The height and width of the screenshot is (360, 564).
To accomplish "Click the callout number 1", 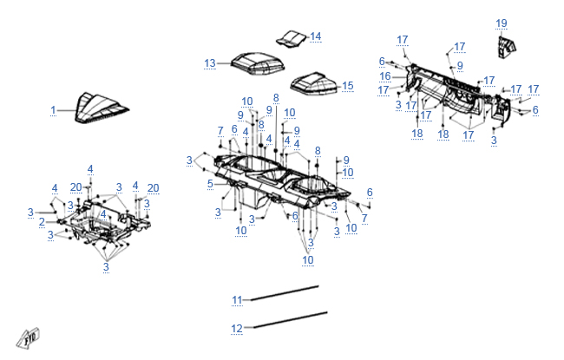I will pos(53,110).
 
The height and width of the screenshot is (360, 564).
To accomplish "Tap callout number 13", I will pos(210,63).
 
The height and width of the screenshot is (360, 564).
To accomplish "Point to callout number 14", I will pos(315,36).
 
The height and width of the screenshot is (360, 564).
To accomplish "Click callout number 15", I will pos(348,86).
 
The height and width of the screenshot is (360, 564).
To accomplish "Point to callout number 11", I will pos(237,299).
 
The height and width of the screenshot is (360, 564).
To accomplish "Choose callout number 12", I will pos(237,329).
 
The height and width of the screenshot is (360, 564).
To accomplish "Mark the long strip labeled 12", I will pos(291,319).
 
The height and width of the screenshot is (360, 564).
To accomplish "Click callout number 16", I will pos(384,76).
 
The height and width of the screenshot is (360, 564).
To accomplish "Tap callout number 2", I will pos(42,222).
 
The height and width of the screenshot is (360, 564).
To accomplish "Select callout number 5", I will pos(210,184).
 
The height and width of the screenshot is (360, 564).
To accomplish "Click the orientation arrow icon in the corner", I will pos(29,336).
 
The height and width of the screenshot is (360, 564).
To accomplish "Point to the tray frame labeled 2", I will pos(104,227).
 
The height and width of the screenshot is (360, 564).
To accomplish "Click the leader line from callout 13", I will pos(224,62).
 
